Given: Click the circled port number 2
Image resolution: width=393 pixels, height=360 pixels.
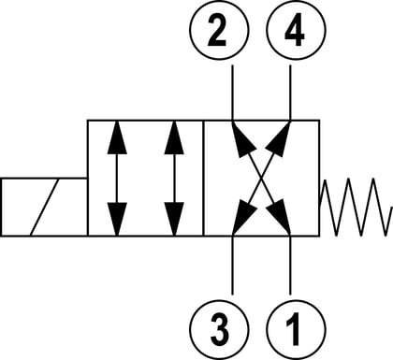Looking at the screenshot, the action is point(220,30).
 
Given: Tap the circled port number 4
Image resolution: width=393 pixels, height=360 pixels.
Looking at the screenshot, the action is point(297,30).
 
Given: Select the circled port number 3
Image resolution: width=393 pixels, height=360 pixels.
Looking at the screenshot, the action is point(220,330).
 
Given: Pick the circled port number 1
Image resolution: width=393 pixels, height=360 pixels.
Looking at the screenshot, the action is point(297,330).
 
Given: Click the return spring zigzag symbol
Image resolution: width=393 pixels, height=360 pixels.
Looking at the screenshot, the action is point(356,208).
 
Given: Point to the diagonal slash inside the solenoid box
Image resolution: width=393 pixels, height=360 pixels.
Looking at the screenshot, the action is point(45,207).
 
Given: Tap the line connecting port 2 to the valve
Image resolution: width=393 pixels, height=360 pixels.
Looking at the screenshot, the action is point(232,93).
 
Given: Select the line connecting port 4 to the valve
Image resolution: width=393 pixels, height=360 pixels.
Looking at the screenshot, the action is point(290,93).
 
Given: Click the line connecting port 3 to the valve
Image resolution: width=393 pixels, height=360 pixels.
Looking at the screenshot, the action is point(232,265).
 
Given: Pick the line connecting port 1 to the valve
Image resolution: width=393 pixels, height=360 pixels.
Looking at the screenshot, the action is point(290,265).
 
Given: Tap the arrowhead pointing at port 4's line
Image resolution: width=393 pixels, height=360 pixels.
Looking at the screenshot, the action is point(279,137).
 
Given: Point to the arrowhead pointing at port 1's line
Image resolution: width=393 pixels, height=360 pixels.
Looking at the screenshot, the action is point(279,218).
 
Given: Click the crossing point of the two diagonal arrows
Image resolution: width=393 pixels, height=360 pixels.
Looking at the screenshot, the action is point(261,178).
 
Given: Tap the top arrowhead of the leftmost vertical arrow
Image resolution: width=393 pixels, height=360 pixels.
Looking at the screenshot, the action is point(117,137).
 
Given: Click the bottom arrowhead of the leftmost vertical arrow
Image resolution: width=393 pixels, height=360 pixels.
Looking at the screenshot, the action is point(117,219).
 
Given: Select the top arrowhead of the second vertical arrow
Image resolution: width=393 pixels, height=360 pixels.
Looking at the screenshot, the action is point(174,137).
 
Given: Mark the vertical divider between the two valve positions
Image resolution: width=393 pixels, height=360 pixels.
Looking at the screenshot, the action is point(203,178).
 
